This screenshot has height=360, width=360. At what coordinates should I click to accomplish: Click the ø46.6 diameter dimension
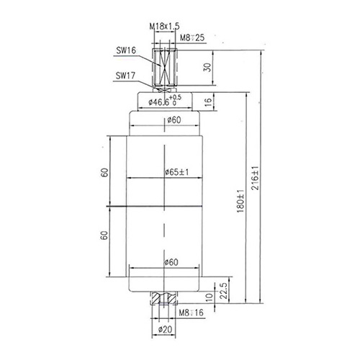coord(163,102)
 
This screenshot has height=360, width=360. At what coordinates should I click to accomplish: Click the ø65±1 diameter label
coord(176,173)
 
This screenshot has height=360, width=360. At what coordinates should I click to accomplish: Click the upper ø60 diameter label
coord(173,120)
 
